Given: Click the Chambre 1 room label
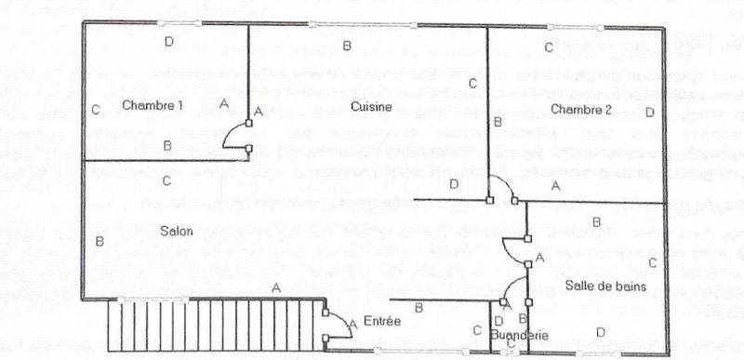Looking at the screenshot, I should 152,106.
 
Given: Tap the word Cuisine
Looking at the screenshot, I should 369,107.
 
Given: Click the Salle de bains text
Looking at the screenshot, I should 599,286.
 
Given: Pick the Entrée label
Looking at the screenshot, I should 382,322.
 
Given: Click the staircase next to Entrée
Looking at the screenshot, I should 213,326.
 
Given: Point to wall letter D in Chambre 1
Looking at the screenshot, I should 168,42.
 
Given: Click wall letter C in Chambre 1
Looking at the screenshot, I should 96,110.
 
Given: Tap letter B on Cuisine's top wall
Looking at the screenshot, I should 346,45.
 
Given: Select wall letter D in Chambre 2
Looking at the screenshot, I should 649,113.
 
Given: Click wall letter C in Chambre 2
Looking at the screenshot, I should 549,47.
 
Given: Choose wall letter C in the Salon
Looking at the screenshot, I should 166,180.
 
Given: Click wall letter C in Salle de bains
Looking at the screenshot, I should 652,263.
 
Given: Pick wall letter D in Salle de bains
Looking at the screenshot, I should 600,331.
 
